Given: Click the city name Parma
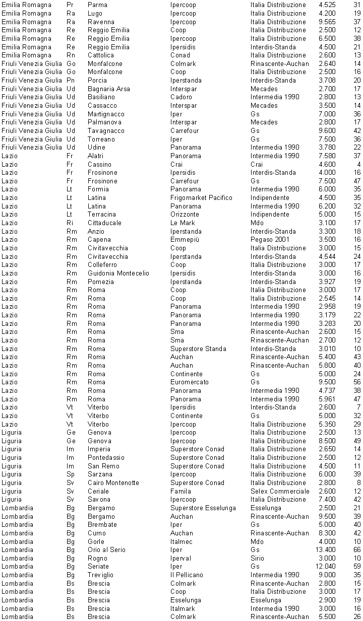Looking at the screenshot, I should click(x=97, y=5).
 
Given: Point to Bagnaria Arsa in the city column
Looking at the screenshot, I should click(x=108, y=89).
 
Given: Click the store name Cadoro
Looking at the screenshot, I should click(x=181, y=97).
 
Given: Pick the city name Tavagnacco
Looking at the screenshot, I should click(x=106, y=130).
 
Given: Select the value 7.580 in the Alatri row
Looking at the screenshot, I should click(x=327, y=156).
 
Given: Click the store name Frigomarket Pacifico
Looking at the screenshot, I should click(x=201, y=197).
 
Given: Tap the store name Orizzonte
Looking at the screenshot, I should click(x=185, y=215).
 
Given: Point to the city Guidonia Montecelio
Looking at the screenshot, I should click(x=118, y=273).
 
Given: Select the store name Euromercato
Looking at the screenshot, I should click(x=190, y=382).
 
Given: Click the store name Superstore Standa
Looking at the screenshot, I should click(x=198, y=349).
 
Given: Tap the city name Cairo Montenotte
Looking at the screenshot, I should click(x=113, y=482).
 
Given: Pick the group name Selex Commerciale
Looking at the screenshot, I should click(x=280, y=491).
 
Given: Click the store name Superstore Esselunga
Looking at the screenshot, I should click(x=203, y=508).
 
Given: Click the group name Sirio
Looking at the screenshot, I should click(x=257, y=558).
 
